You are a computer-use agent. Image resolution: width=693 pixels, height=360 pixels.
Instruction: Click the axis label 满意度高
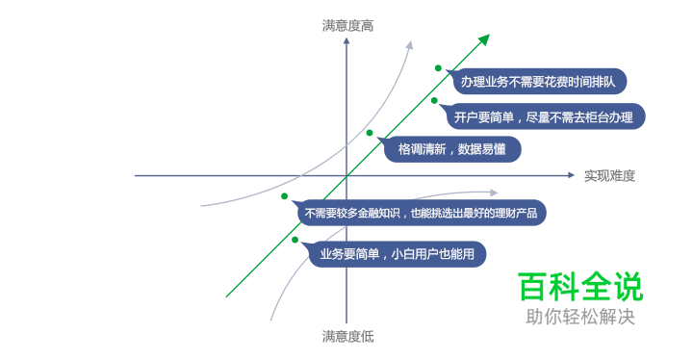[x=346, y=26]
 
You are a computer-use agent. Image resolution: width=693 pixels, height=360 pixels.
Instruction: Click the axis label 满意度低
[x=347, y=336]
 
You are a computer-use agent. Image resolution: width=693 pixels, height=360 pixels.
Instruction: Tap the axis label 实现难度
[x=609, y=176]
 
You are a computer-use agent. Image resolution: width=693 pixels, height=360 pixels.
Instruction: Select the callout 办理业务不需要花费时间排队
[x=543, y=81]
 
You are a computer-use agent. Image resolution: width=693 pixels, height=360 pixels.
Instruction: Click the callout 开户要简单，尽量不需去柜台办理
[x=544, y=116]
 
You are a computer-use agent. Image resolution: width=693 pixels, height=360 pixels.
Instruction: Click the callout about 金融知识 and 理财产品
[x=422, y=212]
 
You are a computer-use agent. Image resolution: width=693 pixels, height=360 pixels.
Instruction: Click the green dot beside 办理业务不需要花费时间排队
[x=438, y=68]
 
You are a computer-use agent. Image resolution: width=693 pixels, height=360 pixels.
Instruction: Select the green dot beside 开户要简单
[x=434, y=100]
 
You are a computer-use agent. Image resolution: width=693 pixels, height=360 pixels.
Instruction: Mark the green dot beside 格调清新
[x=369, y=133]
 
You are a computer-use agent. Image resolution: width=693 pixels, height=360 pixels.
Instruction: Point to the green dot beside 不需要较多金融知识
[x=285, y=196]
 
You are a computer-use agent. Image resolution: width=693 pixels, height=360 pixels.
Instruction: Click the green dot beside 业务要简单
[x=295, y=240]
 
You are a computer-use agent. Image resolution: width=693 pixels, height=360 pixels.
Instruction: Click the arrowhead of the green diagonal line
[x=485, y=39]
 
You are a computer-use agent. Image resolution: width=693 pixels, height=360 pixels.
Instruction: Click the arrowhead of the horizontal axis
[x=570, y=176]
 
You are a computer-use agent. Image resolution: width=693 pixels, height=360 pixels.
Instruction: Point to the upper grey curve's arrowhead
[x=410, y=43]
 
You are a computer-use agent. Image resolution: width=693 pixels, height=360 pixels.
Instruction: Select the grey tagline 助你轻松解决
[x=579, y=317]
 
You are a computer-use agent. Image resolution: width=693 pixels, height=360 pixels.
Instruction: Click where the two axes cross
[x=346, y=176]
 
